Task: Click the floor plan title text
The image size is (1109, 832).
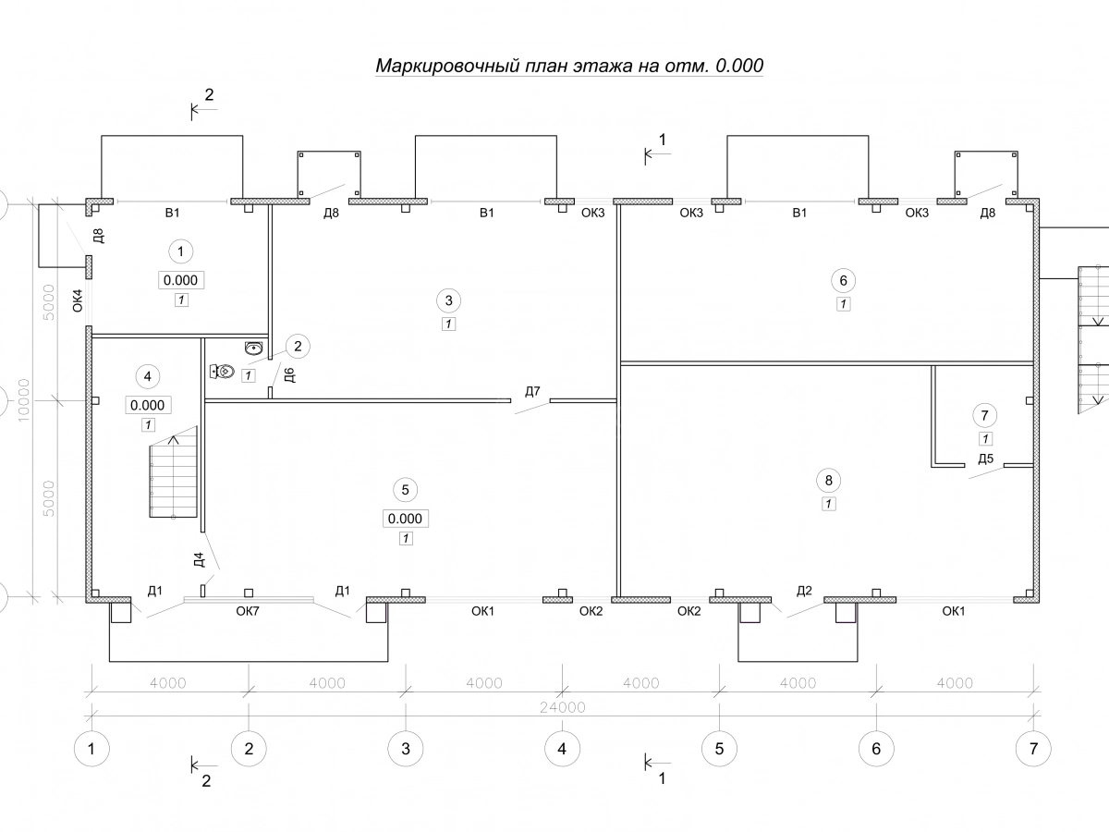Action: tap(569, 67)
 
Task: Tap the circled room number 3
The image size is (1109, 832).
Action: tap(448, 300)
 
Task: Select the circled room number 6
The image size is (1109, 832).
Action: tap(843, 280)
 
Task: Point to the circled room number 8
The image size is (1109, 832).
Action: tap(828, 480)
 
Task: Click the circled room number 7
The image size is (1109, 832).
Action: tap(985, 415)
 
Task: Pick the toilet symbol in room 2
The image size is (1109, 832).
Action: tap(223, 372)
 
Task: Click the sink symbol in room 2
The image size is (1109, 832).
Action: tap(254, 348)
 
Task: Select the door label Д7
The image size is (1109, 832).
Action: tap(532, 392)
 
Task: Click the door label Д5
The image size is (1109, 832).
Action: tap(986, 459)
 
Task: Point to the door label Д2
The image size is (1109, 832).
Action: tap(804, 591)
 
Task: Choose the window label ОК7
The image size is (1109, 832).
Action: tap(249, 611)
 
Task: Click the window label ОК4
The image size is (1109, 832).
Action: tap(78, 301)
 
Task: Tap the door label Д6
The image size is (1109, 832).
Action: tap(288, 375)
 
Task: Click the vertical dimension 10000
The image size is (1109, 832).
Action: tap(23, 398)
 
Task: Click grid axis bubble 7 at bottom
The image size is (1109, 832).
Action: tap(1032, 748)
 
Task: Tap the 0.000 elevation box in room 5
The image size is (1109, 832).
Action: tap(406, 519)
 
